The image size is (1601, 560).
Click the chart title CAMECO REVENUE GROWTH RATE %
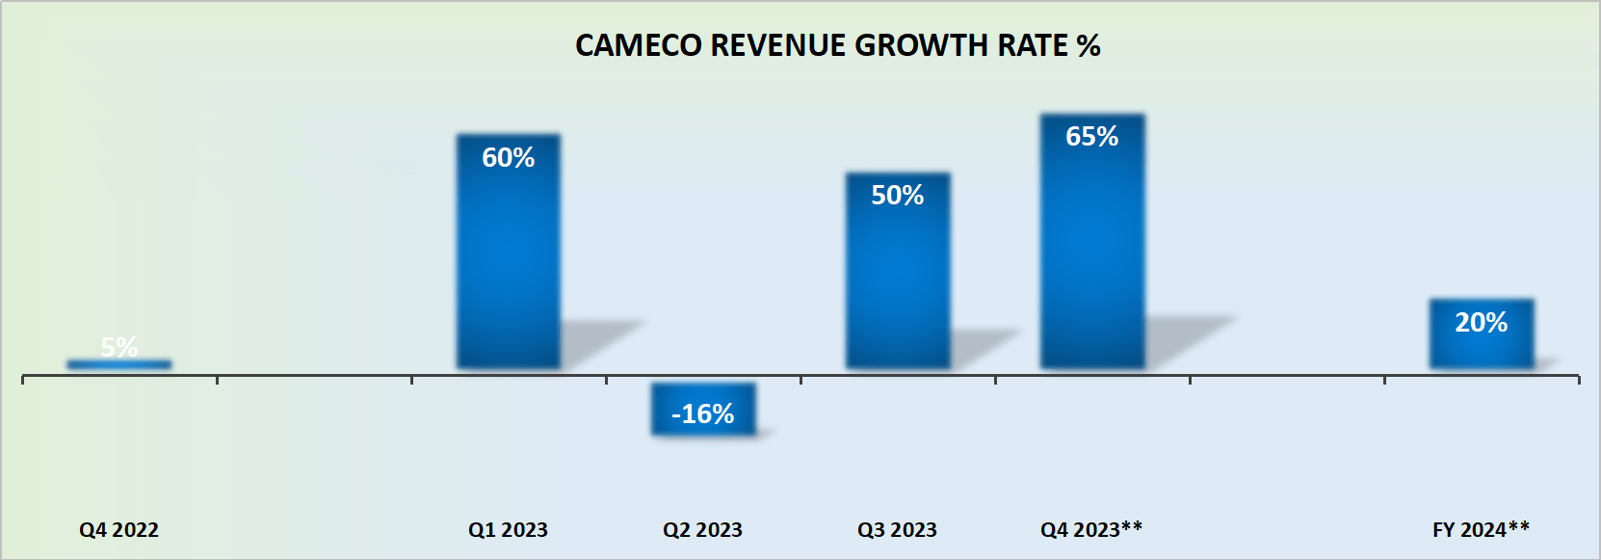click(x=837, y=45)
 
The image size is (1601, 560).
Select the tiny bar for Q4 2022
click(x=119, y=364)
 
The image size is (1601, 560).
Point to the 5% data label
click(x=119, y=346)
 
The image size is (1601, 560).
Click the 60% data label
click(x=509, y=157)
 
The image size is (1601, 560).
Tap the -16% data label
click(x=703, y=414)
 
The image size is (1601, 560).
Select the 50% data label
click(x=898, y=195)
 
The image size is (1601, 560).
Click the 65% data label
click(x=1092, y=136)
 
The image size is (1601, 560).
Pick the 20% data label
click(x=1482, y=322)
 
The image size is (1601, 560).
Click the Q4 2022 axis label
click(x=119, y=530)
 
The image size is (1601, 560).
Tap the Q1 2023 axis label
click(x=509, y=530)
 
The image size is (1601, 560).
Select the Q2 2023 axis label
click(x=703, y=530)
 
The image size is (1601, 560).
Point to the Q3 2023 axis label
click(x=898, y=530)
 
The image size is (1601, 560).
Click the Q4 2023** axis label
click(x=1091, y=530)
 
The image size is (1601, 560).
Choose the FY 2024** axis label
click(x=1482, y=530)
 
